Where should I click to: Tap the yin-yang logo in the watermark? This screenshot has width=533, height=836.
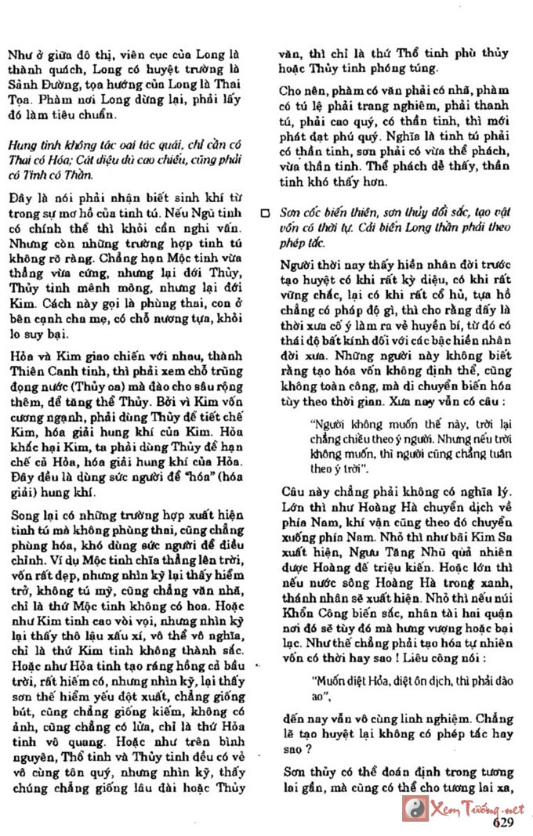[415, 808]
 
